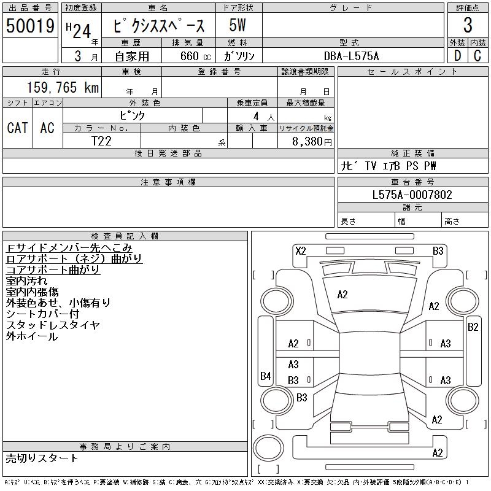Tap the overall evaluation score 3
point(468,26)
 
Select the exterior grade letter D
point(457,56)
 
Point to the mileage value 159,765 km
point(62,88)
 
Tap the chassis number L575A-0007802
point(412,195)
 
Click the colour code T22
point(101,141)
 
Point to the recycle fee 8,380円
point(312,141)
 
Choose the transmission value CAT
point(17,128)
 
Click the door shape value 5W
point(239,26)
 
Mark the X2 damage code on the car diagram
point(301,250)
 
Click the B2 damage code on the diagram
point(473,327)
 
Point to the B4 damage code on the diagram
point(265,376)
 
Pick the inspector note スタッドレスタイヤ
point(52,325)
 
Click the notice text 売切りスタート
point(42,458)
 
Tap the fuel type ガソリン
point(239,56)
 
